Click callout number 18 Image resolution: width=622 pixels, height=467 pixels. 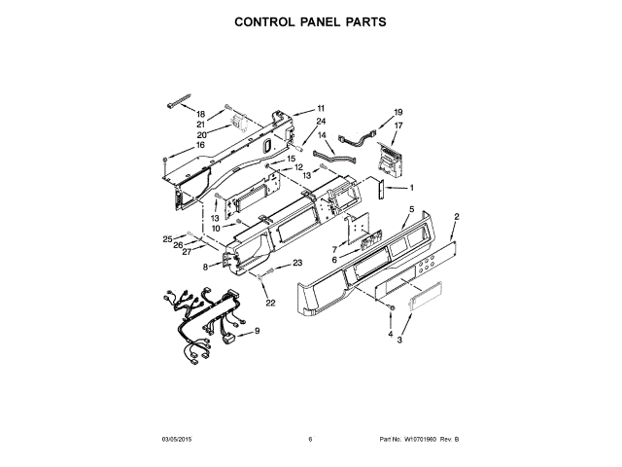(x=201, y=114)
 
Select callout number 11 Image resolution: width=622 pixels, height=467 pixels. (x=321, y=108)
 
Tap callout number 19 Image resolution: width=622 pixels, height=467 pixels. (x=397, y=113)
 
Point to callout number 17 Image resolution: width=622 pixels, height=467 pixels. (x=397, y=126)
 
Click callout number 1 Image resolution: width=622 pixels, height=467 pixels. (x=411, y=188)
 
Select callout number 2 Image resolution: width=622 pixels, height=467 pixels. (x=457, y=216)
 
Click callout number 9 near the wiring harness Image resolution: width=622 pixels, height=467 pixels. (x=258, y=332)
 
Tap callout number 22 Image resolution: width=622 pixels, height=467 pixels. (x=271, y=304)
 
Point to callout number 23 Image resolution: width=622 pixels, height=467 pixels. (x=297, y=263)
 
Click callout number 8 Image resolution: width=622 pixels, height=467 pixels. (x=206, y=266)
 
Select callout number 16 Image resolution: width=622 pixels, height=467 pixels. (x=201, y=145)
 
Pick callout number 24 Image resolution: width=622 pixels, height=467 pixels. (x=320, y=122)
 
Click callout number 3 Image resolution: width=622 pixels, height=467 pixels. (x=399, y=341)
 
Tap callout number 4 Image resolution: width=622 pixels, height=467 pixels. (x=390, y=334)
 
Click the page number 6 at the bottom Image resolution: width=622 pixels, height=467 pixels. (x=310, y=440)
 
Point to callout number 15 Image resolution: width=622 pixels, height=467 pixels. (x=291, y=159)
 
